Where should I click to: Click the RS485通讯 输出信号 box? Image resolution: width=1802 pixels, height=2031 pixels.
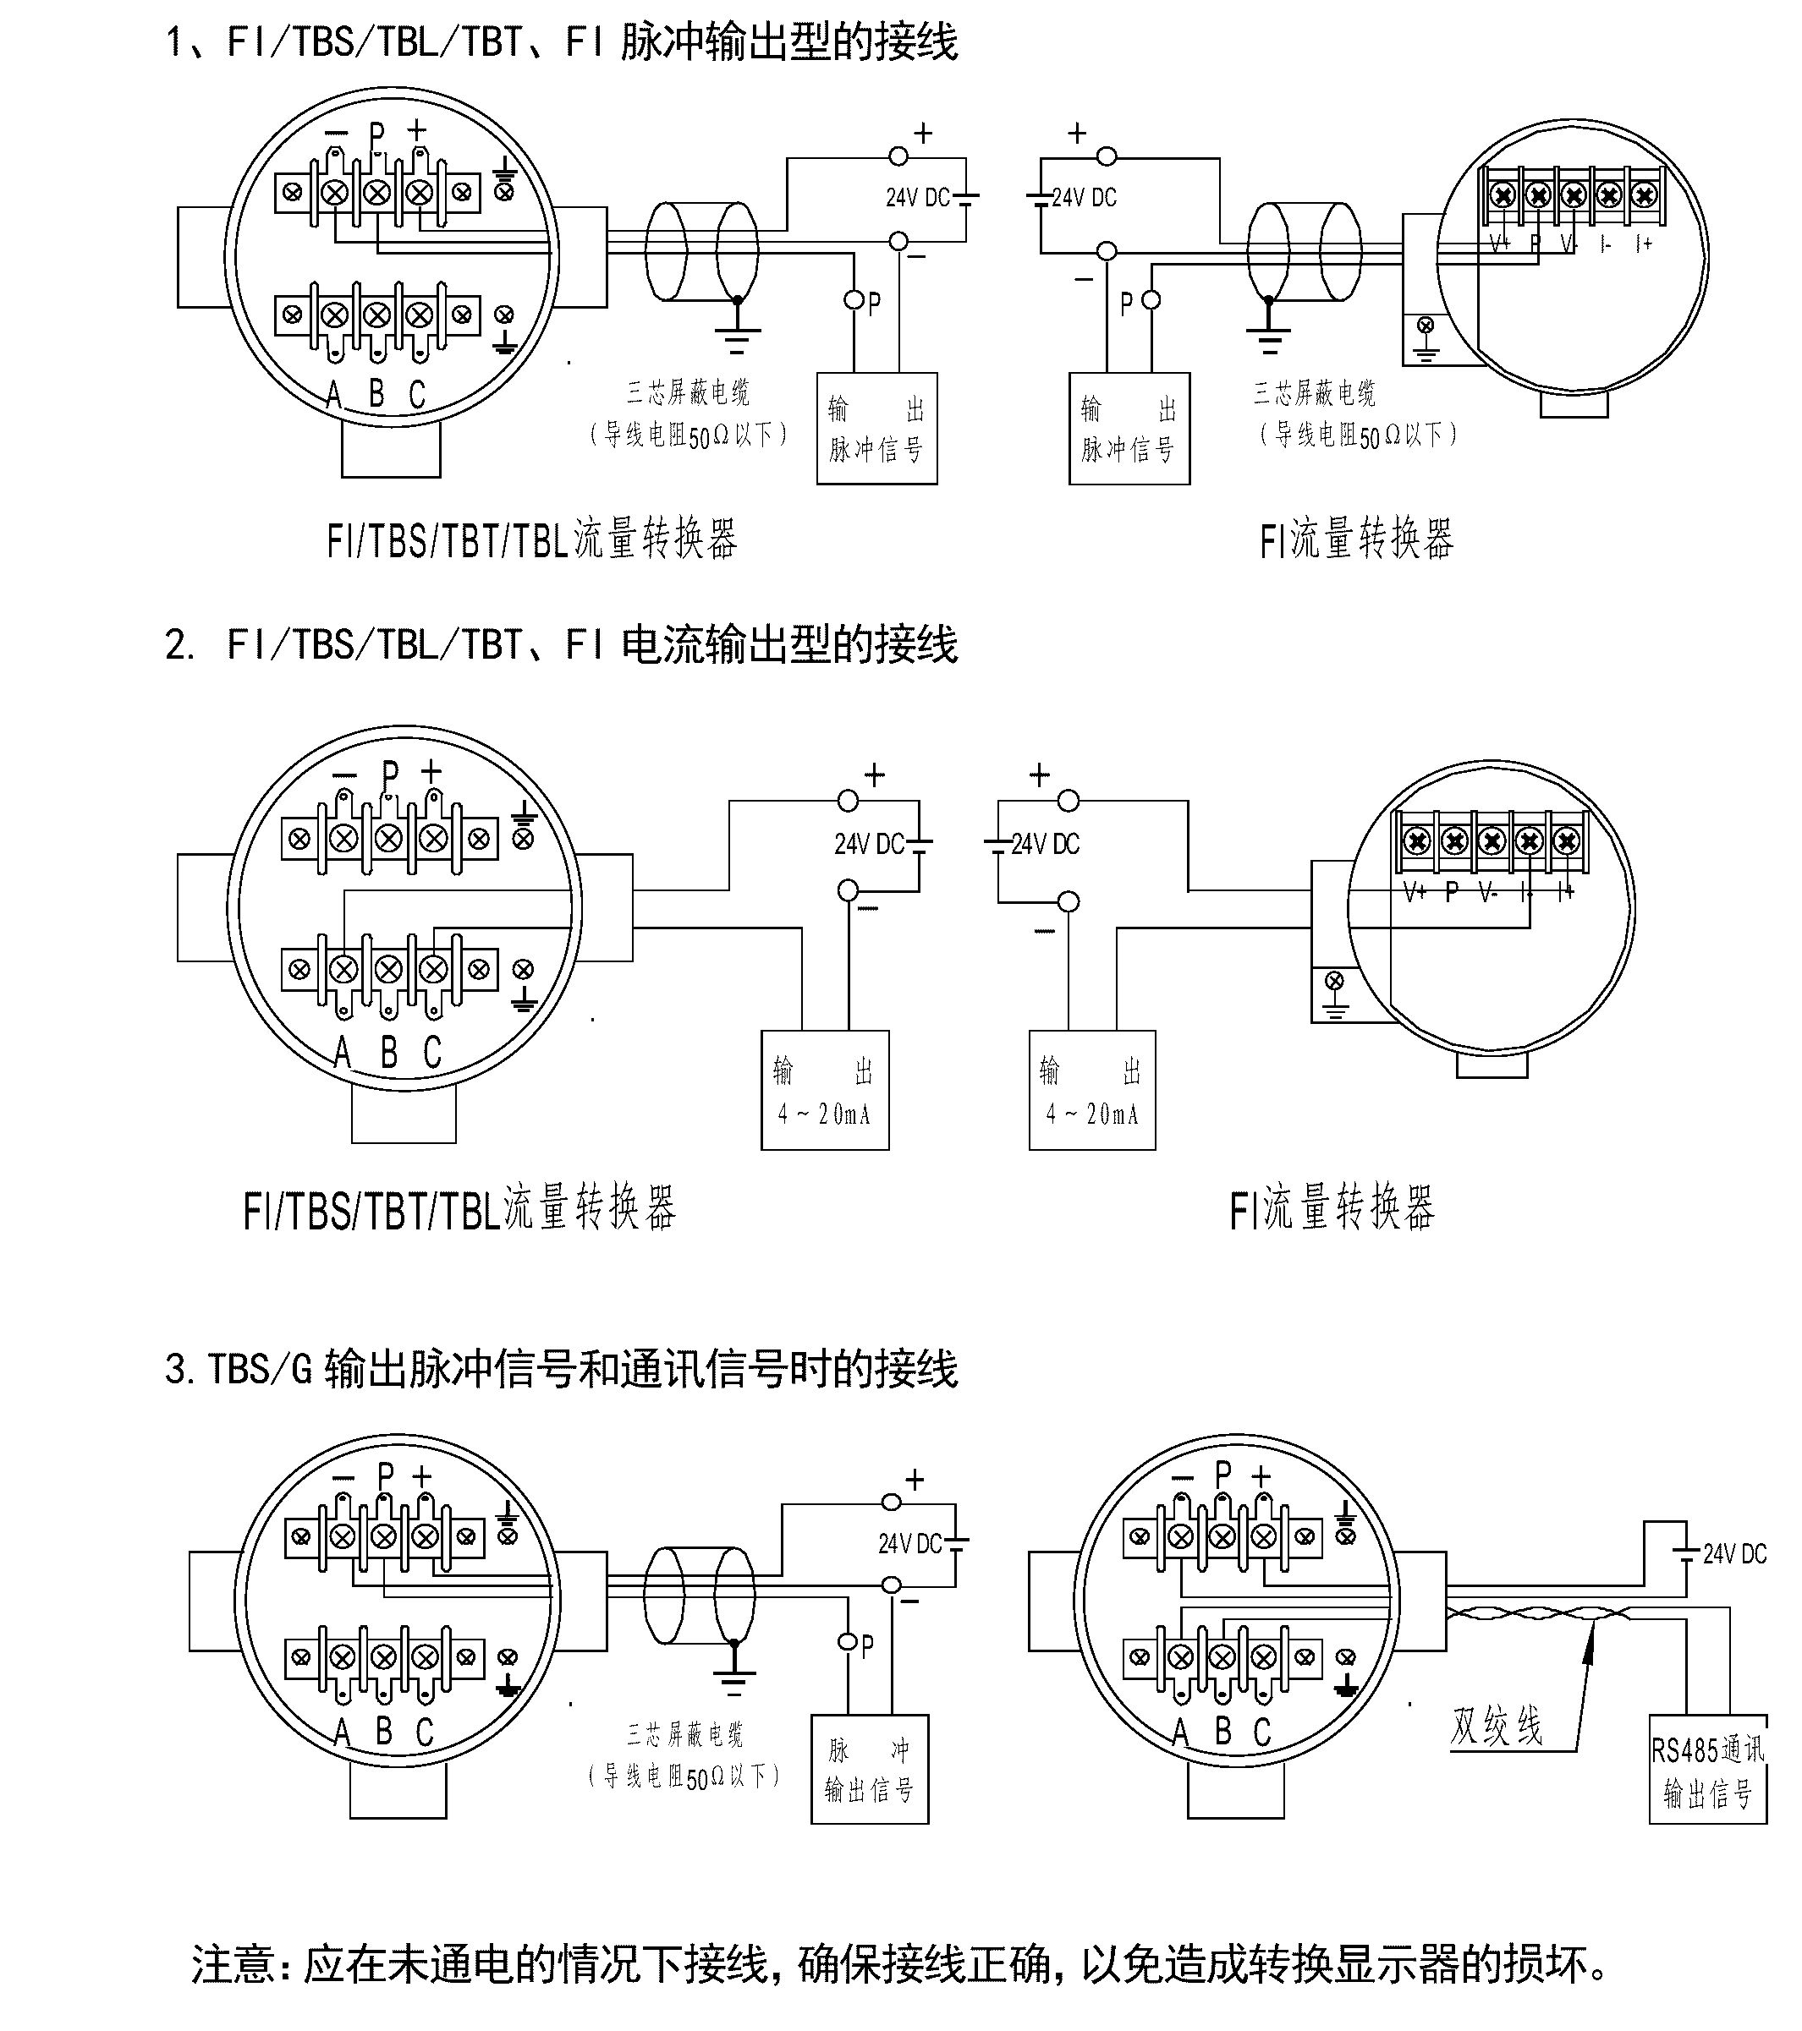tap(1706, 1770)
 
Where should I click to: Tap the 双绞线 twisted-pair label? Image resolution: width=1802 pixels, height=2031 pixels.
tap(1497, 1726)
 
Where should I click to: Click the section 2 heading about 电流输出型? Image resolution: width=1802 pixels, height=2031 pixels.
tap(562, 645)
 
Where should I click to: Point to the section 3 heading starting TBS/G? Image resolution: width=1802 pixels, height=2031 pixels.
tap(562, 1368)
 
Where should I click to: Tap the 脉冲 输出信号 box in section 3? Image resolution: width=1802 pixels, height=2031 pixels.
tap(870, 1770)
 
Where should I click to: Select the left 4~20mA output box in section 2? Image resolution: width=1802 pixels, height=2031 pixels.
tap(825, 1091)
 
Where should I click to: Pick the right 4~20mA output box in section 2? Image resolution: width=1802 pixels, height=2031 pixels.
tap(1092, 1091)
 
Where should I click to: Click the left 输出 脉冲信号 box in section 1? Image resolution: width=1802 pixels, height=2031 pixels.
tap(876, 428)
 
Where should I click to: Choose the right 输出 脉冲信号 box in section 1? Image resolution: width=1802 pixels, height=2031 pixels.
tap(1129, 428)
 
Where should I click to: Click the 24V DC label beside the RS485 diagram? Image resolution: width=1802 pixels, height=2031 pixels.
tap(1734, 1554)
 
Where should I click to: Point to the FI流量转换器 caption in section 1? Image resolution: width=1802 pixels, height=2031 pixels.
tap(1357, 539)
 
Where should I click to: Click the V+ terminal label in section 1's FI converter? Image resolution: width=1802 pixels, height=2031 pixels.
tap(1500, 244)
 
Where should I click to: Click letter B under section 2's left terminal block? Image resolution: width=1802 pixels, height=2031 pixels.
tap(388, 1051)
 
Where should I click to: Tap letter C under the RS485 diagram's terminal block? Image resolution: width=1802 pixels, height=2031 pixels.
tap(1262, 1732)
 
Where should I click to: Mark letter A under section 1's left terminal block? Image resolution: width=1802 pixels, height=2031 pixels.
tap(334, 396)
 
